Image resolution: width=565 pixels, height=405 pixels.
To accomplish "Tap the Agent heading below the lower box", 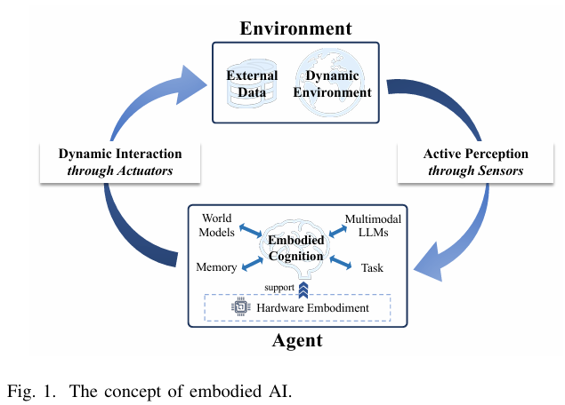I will pos(296,340).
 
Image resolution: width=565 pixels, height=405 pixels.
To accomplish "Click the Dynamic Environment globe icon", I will pos(332,83).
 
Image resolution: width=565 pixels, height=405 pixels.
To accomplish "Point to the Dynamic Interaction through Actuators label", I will pos(120,162).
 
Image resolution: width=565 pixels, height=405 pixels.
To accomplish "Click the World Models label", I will pos(217,226).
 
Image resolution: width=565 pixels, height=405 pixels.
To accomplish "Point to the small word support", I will pos(280,287).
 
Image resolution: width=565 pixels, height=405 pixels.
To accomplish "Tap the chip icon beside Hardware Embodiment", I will pos(238,307).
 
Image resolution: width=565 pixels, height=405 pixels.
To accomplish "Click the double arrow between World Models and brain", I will pos(249,232).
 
